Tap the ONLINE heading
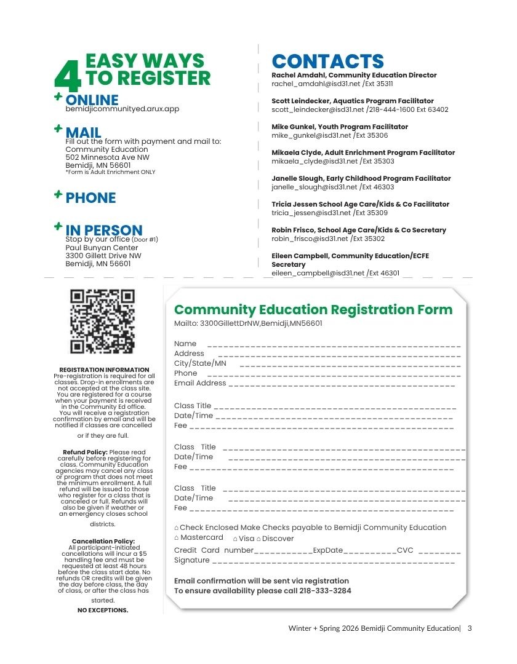[x=92, y=100]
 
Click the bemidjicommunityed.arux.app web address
[x=122, y=109]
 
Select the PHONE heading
[x=90, y=198]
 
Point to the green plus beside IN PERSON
[x=58, y=227]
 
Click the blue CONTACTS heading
[x=327, y=61]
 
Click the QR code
[x=102, y=322]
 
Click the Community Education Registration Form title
[x=313, y=310]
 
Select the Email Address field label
[x=200, y=383]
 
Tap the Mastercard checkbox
[x=177, y=538]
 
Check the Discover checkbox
[x=258, y=539]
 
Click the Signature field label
[x=191, y=560]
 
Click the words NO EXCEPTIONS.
[x=103, y=611]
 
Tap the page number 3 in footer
[x=470, y=628]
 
